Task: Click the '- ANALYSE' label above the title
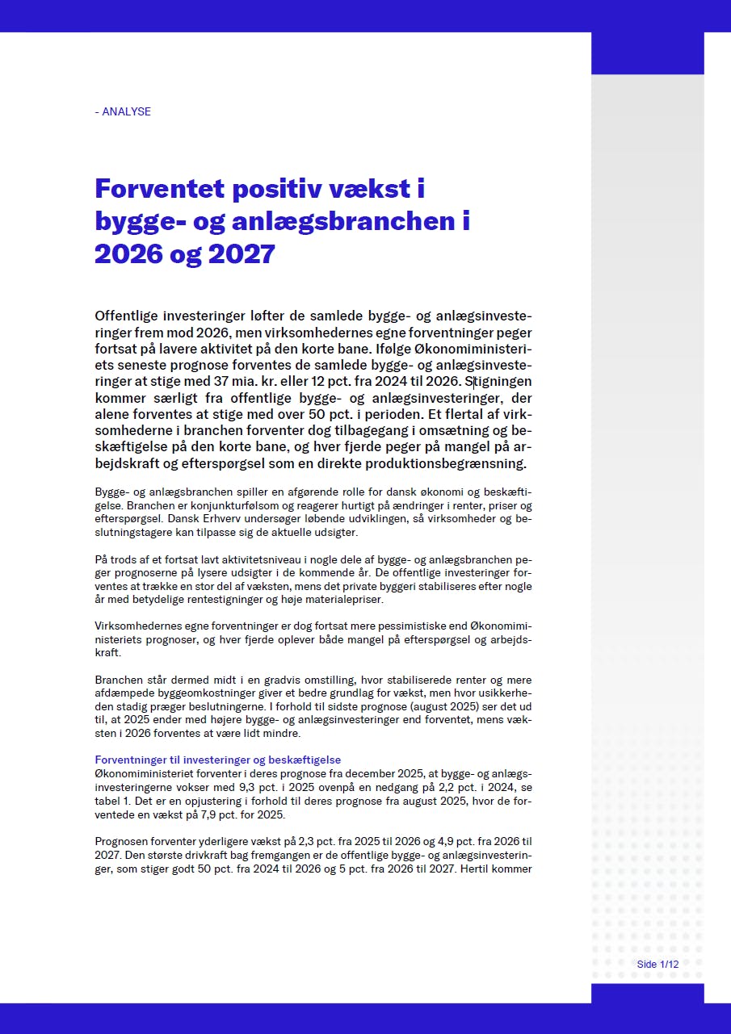point(123,111)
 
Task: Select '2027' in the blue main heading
point(242,253)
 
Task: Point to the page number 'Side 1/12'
point(657,964)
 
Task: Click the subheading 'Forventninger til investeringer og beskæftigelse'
point(218,760)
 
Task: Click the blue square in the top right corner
point(647,52)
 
